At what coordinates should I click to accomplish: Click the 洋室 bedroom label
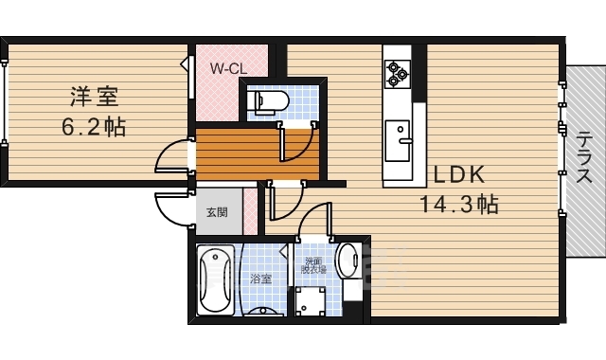point(94,97)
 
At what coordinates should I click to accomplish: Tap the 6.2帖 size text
point(94,126)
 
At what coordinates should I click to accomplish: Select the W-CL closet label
point(228,69)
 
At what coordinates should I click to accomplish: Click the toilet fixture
point(268,101)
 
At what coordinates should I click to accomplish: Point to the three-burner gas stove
point(398,74)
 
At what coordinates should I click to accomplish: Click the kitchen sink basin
point(398,141)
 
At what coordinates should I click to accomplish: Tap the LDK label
point(458,174)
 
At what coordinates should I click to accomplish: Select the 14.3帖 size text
point(458,204)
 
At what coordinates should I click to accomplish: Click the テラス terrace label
point(583,157)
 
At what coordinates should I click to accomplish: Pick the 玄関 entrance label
point(217,212)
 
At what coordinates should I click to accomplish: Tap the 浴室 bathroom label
point(261,279)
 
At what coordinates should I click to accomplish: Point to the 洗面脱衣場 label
point(313,265)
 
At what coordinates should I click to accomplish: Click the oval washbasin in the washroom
point(348,261)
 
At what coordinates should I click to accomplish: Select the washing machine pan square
point(311,301)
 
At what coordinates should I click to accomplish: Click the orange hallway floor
point(257,154)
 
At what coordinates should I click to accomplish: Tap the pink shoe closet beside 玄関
point(250,211)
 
